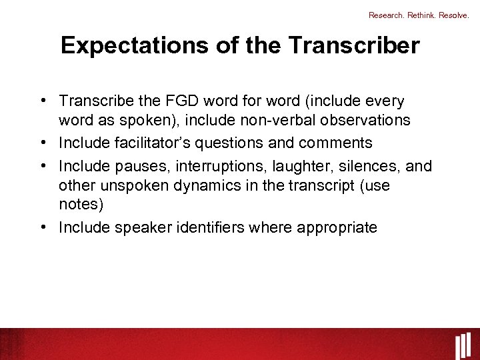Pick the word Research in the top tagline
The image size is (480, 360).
tap(385, 15)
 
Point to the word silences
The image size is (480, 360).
tap(363, 165)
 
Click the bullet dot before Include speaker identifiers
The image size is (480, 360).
tap(43, 227)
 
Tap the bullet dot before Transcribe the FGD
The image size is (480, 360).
tap(43, 100)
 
